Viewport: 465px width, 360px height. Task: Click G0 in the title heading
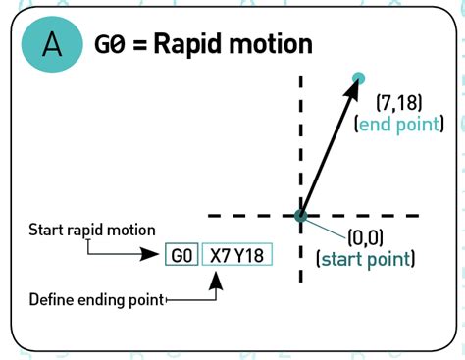(109, 44)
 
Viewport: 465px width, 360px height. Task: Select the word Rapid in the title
(185, 44)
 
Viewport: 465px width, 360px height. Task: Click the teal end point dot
(358, 78)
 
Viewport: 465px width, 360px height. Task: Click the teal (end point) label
(399, 125)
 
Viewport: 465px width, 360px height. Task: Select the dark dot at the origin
(301, 215)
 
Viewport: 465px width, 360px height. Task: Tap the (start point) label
(364, 260)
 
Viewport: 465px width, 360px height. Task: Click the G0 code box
(181, 255)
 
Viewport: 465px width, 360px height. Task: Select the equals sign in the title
(140, 45)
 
